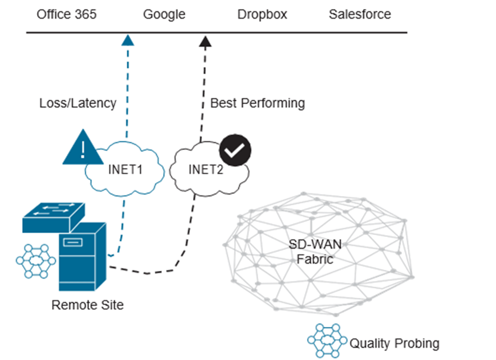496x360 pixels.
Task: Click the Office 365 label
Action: click(x=66, y=14)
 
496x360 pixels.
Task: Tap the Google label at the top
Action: click(x=164, y=14)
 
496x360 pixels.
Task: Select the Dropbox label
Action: click(x=262, y=14)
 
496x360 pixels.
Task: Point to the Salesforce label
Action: click(x=360, y=14)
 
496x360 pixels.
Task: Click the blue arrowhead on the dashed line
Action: click(x=127, y=40)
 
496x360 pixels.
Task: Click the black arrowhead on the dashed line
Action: click(x=205, y=41)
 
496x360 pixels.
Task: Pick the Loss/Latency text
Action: click(x=78, y=103)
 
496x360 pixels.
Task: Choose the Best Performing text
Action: click(x=258, y=103)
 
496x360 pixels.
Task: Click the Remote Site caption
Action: click(x=88, y=305)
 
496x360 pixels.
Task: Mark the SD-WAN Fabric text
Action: click(x=314, y=252)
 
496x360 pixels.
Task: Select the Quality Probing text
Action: click(x=394, y=343)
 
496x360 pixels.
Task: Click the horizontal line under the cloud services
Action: click(x=299, y=32)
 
